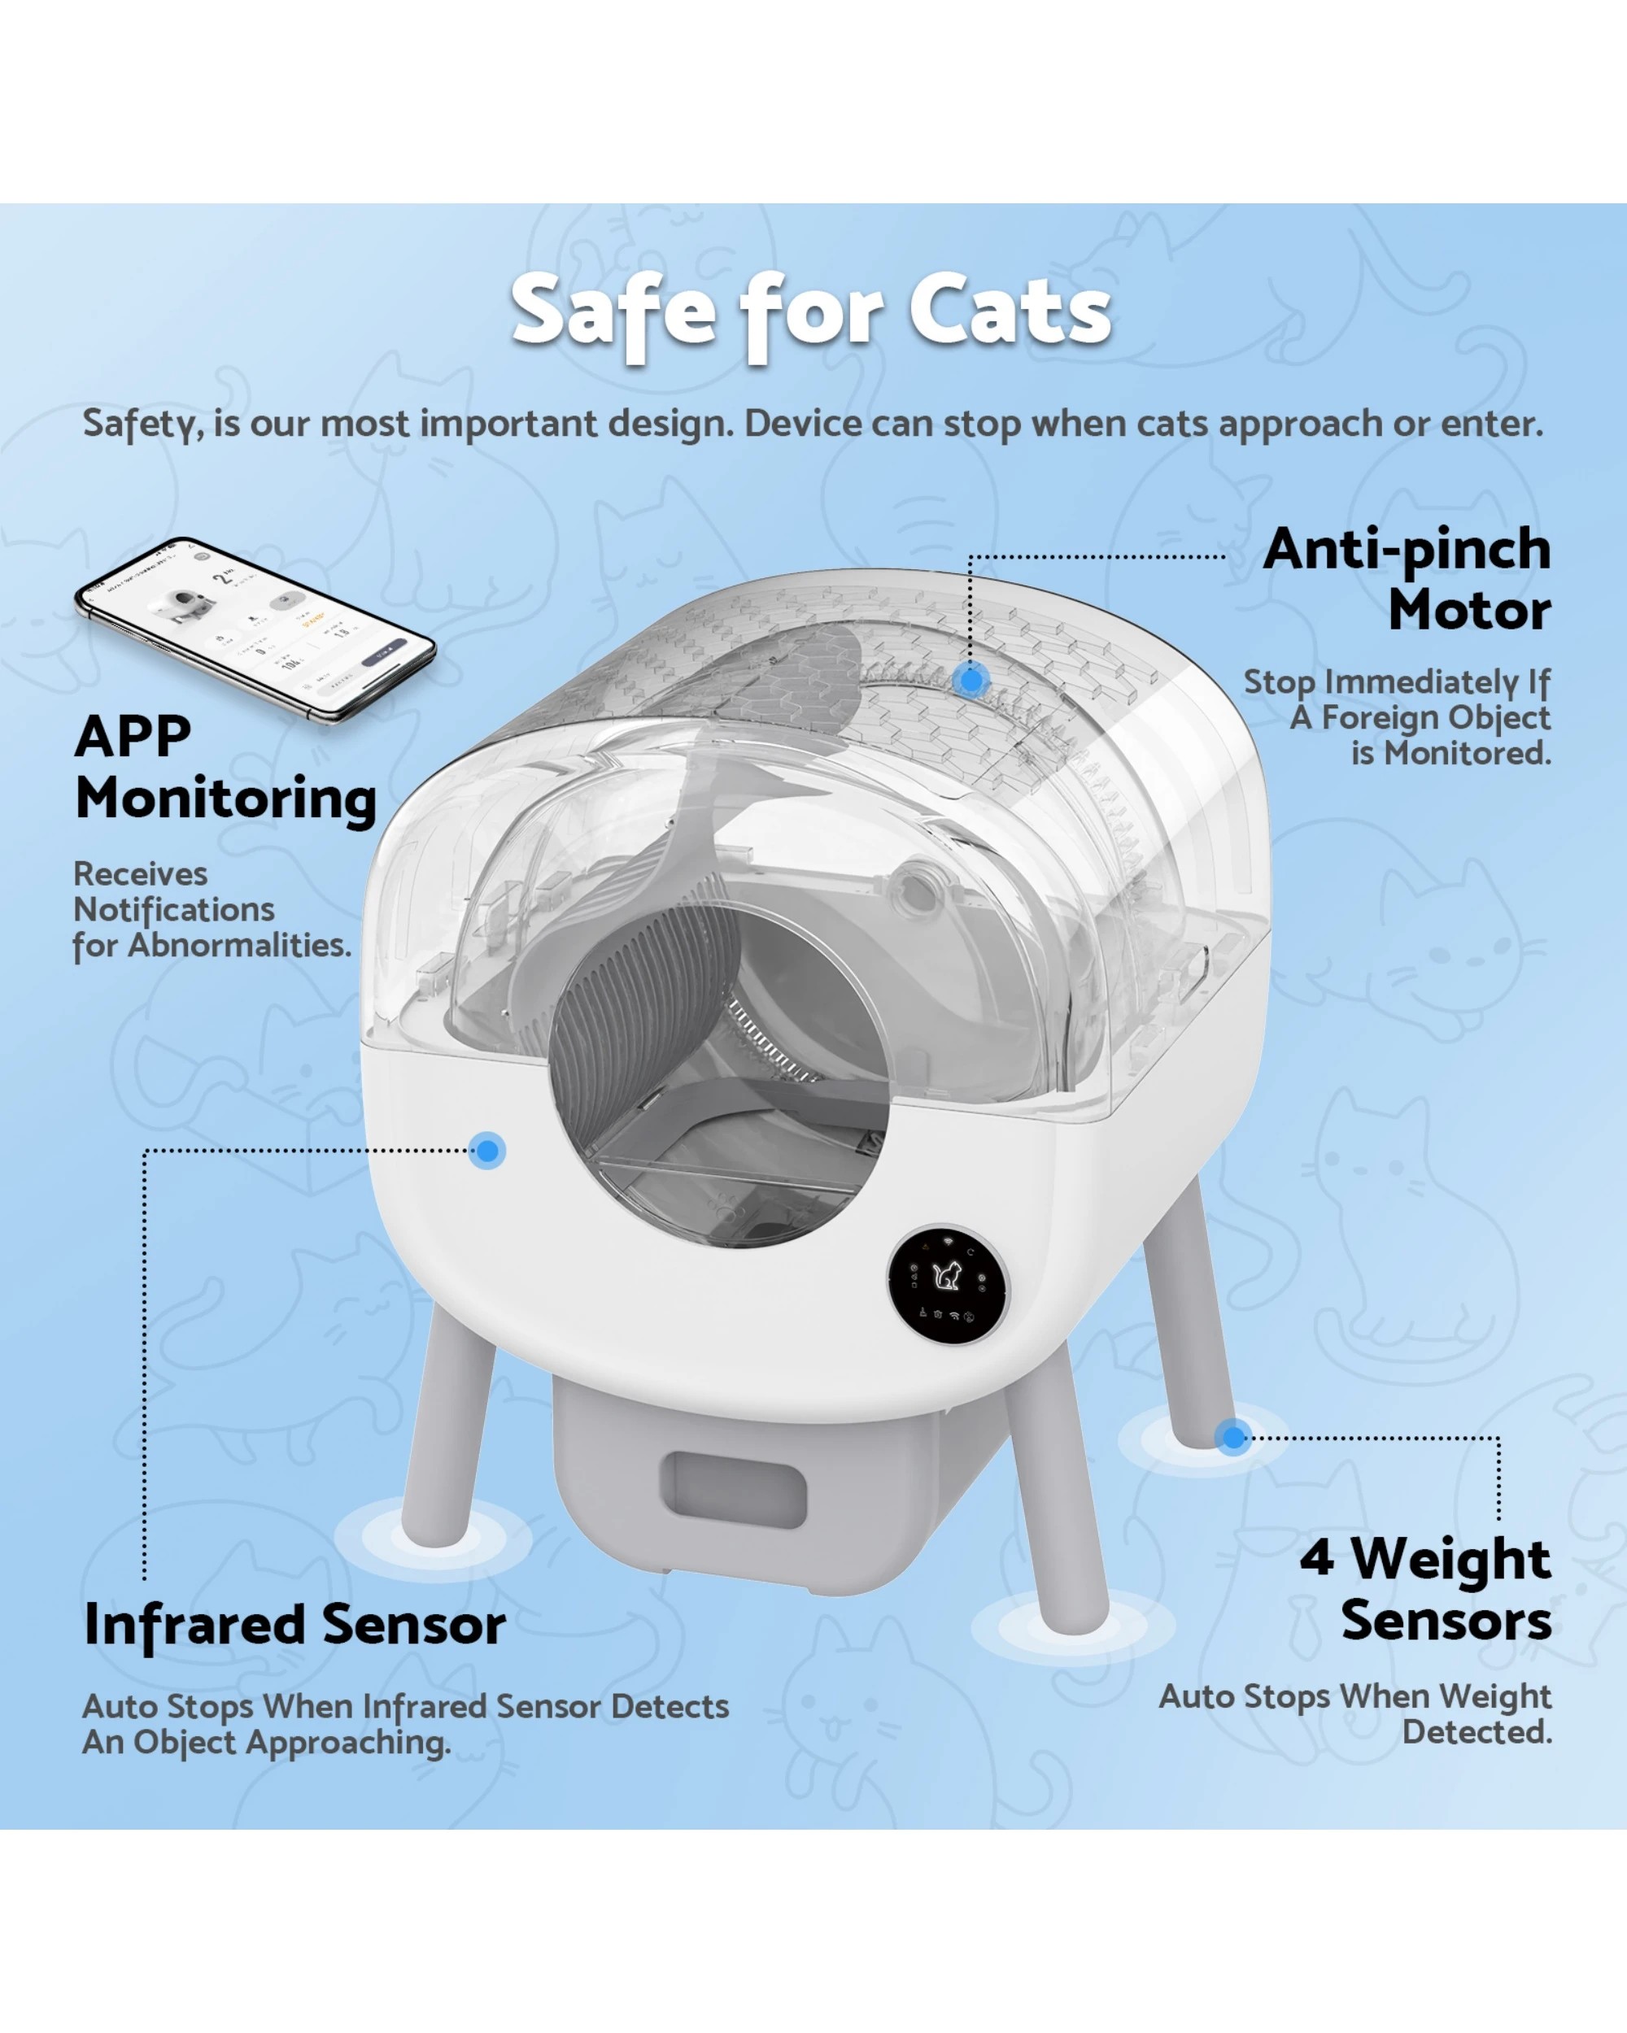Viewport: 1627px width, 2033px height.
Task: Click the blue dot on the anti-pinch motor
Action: click(x=971, y=679)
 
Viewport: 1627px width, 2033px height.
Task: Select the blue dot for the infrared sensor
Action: click(x=487, y=1151)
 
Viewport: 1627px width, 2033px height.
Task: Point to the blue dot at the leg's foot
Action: click(x=1232, y=1437)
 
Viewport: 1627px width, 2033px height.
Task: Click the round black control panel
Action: click(x=948, y=1284)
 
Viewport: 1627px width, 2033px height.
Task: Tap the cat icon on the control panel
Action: click(x=946, y=1277)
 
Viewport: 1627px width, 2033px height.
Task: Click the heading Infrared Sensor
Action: click(x=294, y=1625)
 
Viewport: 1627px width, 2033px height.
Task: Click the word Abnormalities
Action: click(x=238, y=945)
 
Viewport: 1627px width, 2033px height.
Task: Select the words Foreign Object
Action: click(x=1434, y=717)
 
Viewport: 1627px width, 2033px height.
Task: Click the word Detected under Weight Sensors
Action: click(x=1476, y=1731)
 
